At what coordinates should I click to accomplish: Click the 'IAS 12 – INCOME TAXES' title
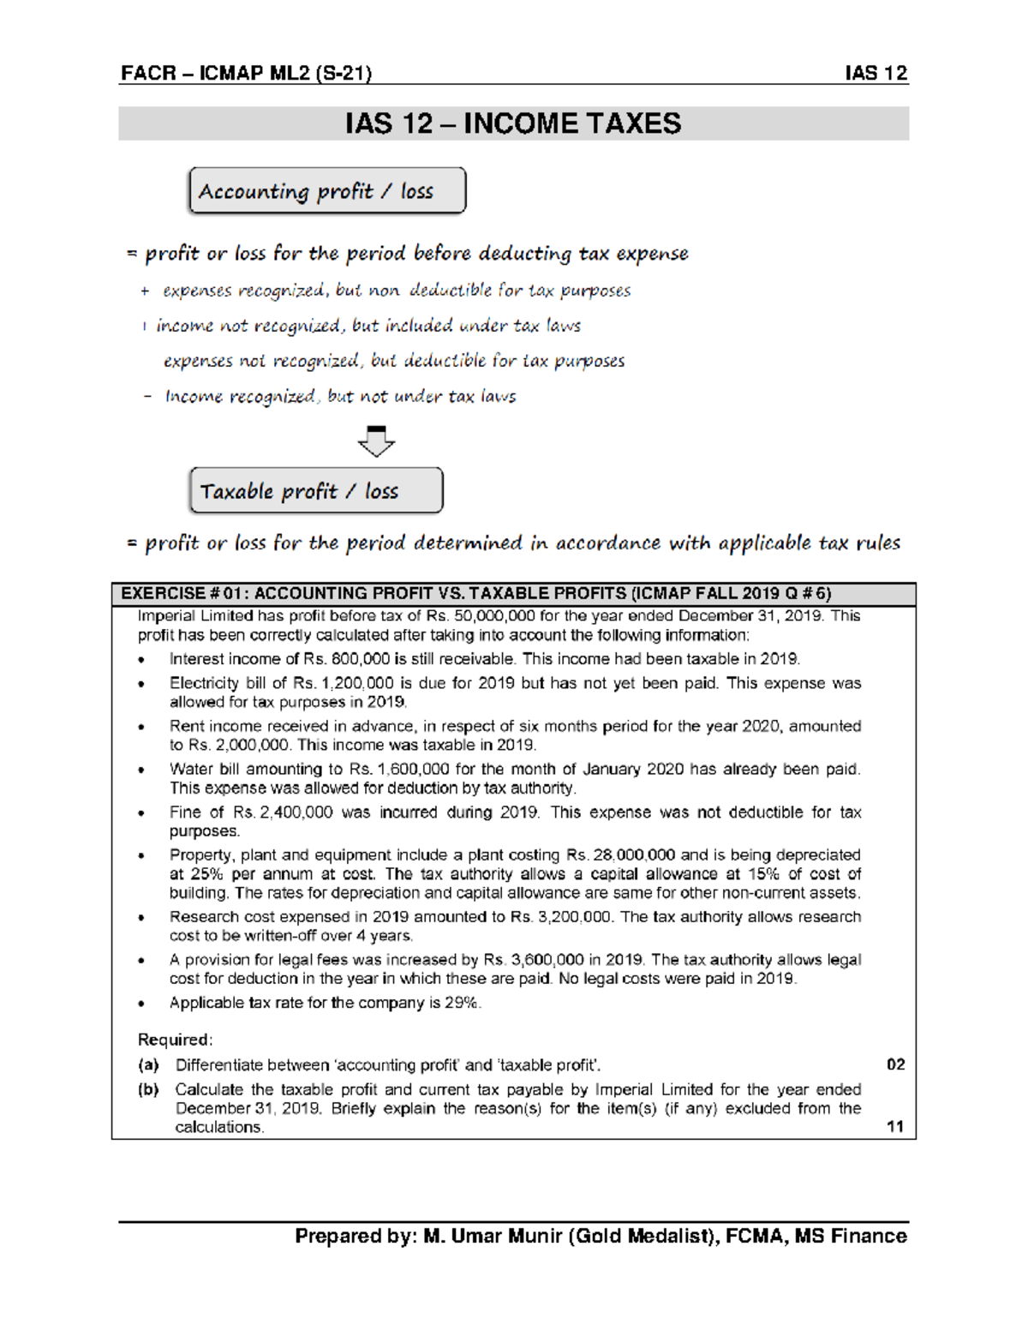point(513,123)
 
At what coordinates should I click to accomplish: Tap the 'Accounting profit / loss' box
point(327,190)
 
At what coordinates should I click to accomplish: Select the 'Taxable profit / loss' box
point(316,490)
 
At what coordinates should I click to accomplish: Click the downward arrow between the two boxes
point(376,441)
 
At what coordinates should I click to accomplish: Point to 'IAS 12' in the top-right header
point(876,73)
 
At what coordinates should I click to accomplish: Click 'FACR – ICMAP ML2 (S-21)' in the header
point(246,73)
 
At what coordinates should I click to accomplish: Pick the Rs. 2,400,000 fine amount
point(283,812)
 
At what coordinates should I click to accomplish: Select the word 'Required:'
point(175,1040)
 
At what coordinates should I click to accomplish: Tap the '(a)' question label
point(148,1064)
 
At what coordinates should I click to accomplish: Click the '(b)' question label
point(148,1089)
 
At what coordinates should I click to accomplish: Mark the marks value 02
point(895,1064)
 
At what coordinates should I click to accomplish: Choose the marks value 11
point(895,1126)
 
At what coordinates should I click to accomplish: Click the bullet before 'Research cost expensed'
point(141,917)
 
